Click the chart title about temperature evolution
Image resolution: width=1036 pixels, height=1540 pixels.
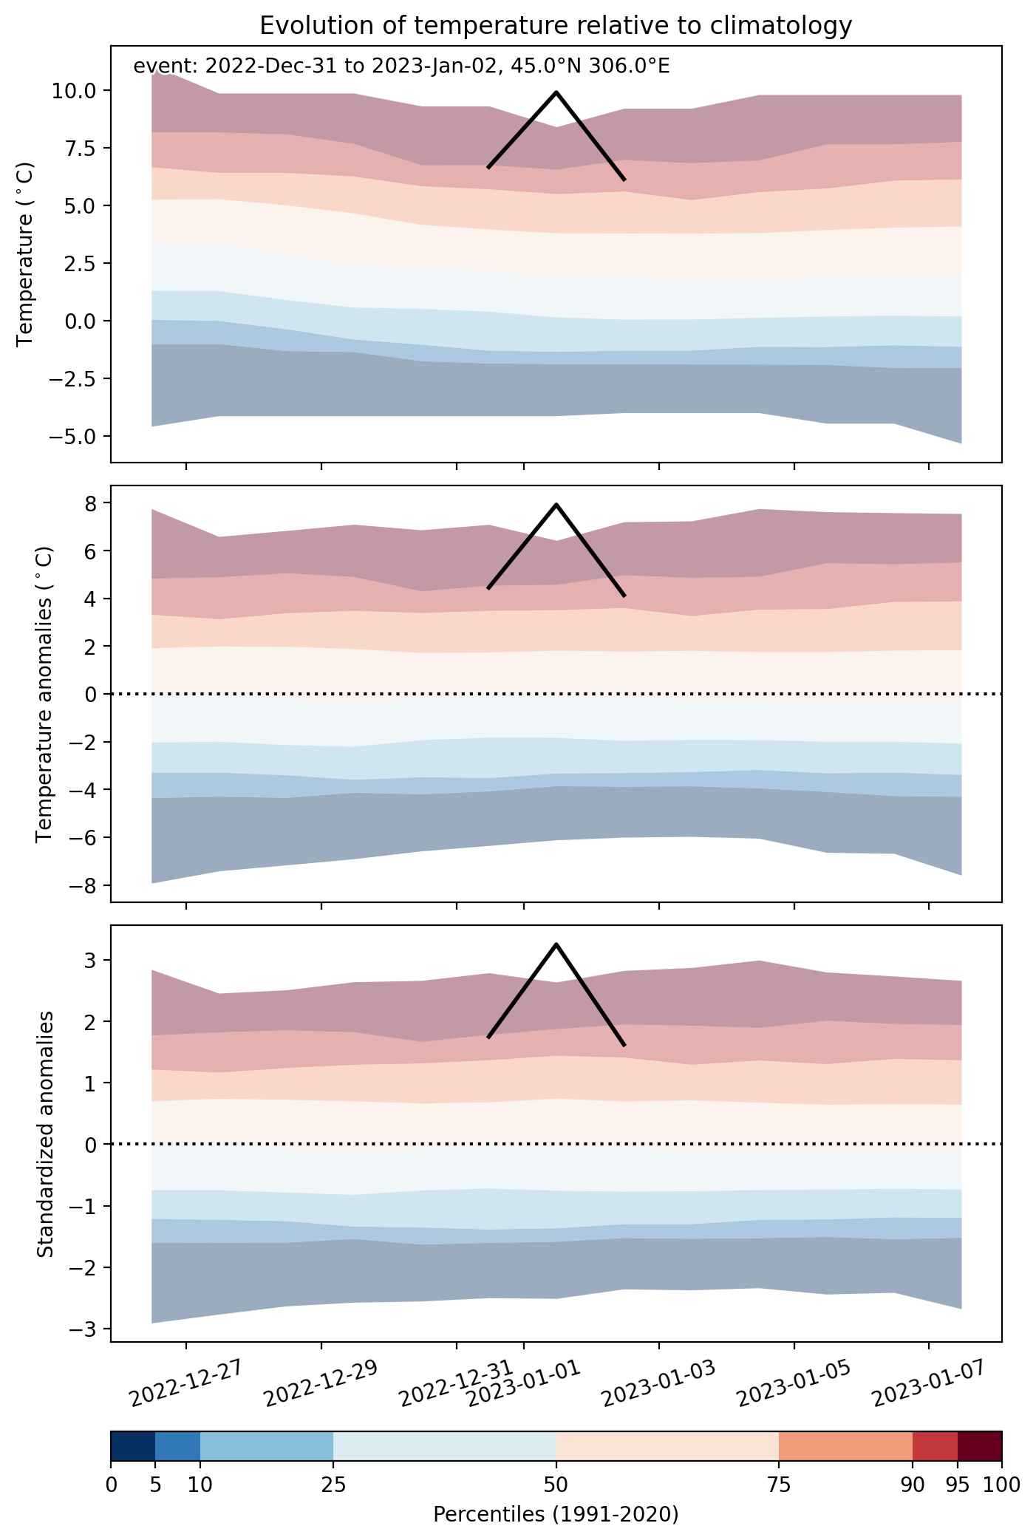(x=556, y=27)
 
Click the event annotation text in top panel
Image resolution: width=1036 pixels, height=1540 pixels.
(x=401, y=67)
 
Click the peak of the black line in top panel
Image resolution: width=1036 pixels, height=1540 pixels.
(x=556, y=92)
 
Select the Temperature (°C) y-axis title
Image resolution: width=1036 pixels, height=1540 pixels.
(x=25, y=254)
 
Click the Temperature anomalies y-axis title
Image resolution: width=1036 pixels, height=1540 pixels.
(x=45, y=694)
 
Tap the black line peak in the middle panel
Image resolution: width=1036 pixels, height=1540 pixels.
(x=556, y=504)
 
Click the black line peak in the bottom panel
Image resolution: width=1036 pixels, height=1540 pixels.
(x=556, y=944)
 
